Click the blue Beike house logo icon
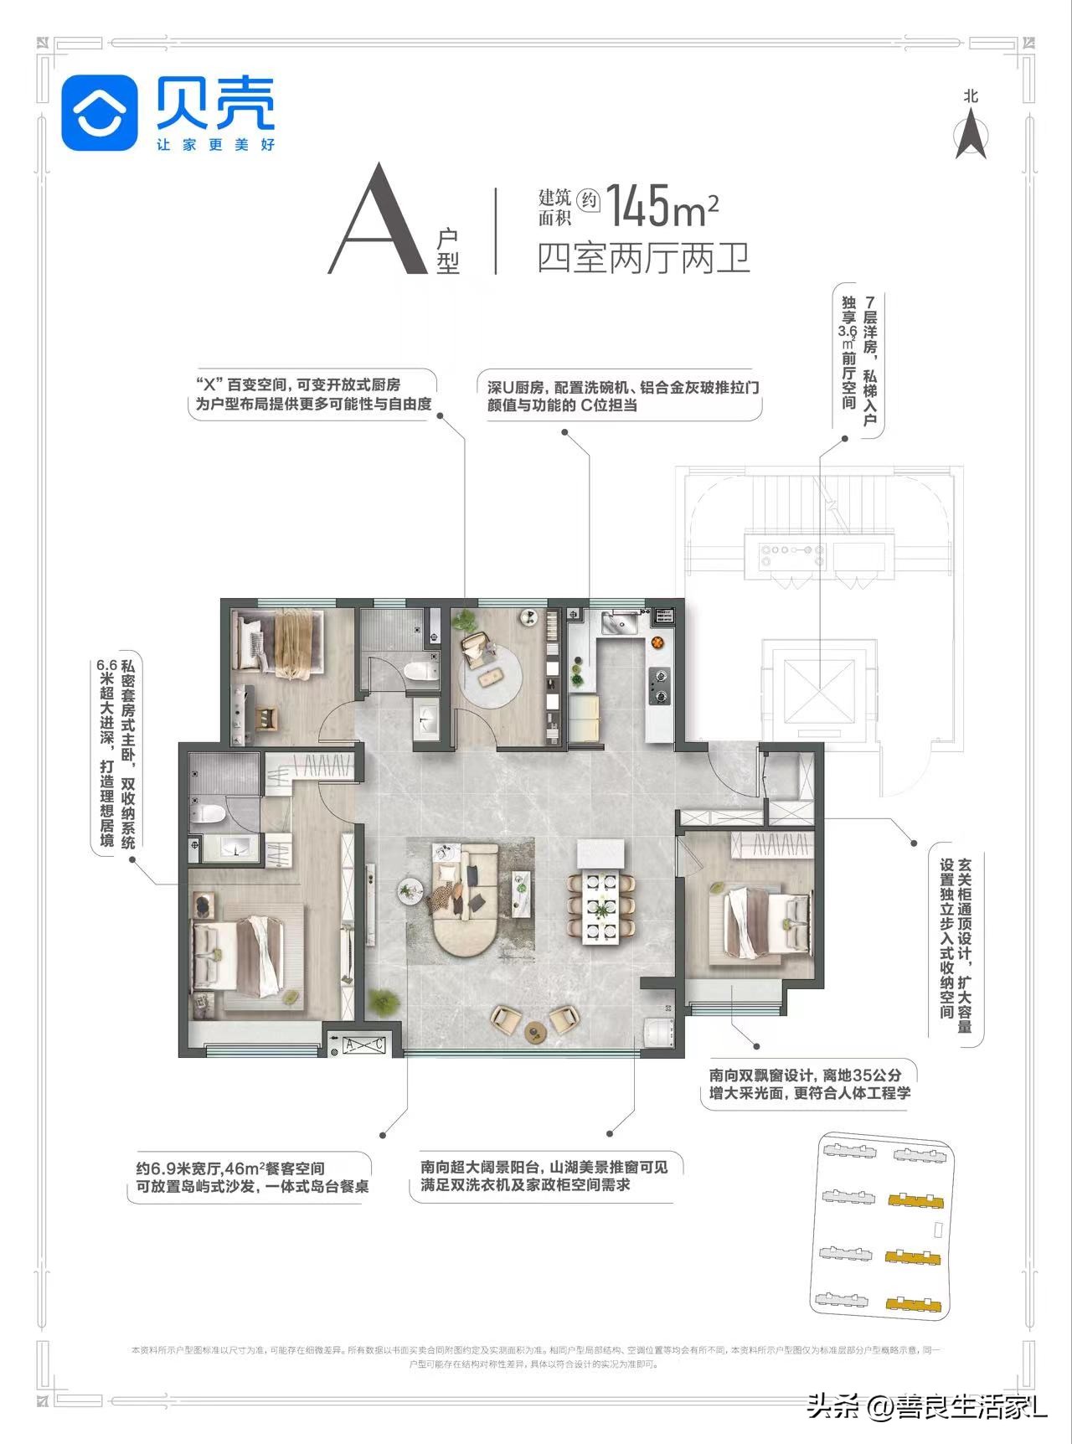[100, 113]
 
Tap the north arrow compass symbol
[971, 135]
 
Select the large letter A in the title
[375, 222]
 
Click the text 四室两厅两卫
[642, 258]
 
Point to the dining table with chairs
[600, 905]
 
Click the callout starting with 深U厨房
[623, 395]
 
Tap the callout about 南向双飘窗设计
[808, 1084]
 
